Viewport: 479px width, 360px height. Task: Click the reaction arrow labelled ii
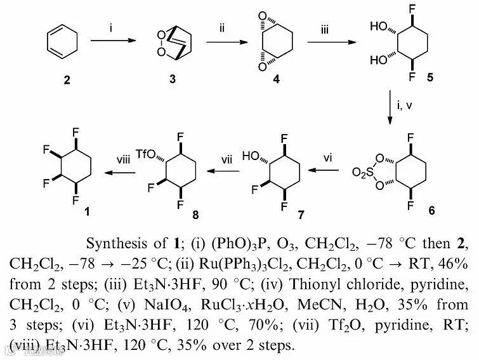click(223, 42)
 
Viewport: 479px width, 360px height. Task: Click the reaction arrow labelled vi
click(331, 171)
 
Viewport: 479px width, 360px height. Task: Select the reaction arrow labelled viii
click(120, 171)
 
